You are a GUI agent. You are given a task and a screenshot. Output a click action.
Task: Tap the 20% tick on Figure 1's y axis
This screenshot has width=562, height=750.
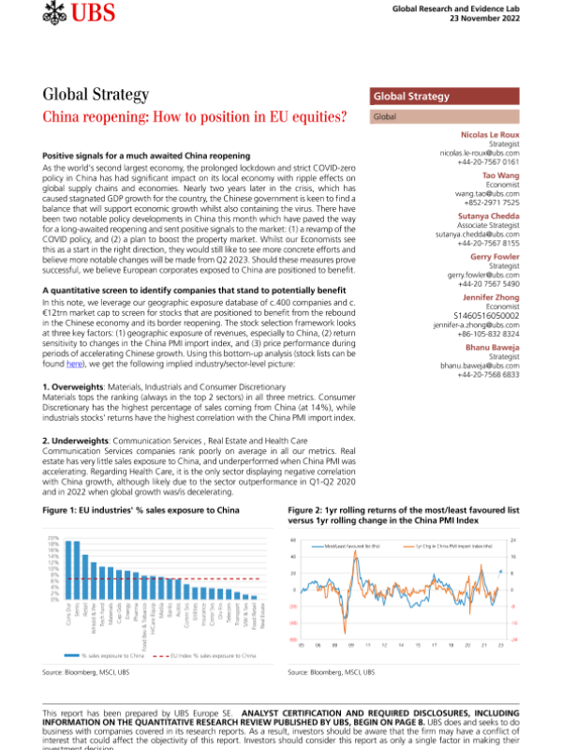53,537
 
